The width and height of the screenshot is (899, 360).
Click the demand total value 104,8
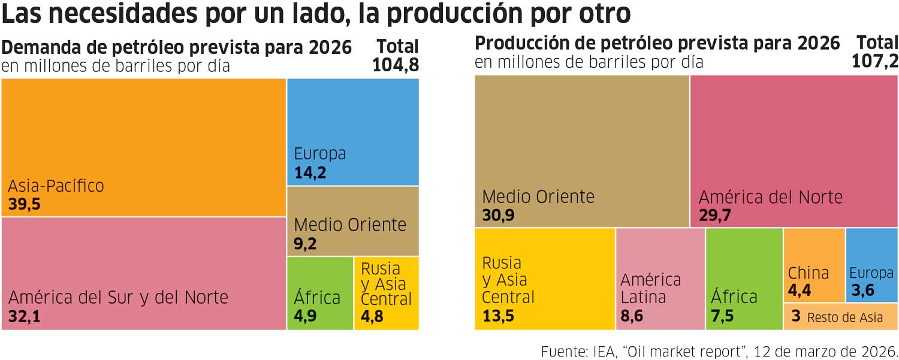pos(396,65)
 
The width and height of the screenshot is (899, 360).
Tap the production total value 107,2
pos(875,60)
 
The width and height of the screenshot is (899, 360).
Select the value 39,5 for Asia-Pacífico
pos(25,205)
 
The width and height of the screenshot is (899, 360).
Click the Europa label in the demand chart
pos(320,153)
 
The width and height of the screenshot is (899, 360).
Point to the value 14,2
pos(310,173)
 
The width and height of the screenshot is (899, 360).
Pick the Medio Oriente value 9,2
pos(305,244)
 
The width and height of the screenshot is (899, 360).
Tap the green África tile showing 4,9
pos(320,294)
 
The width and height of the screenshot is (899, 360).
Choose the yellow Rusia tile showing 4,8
pos(386,294)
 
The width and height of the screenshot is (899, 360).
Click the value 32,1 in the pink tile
pos(25,316)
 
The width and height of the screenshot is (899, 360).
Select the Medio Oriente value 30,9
pos(498,216)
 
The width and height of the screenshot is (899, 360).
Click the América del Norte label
pos(770,197)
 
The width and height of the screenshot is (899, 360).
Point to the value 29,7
pos(714,216)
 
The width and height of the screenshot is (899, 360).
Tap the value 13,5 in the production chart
pos(498,316)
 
